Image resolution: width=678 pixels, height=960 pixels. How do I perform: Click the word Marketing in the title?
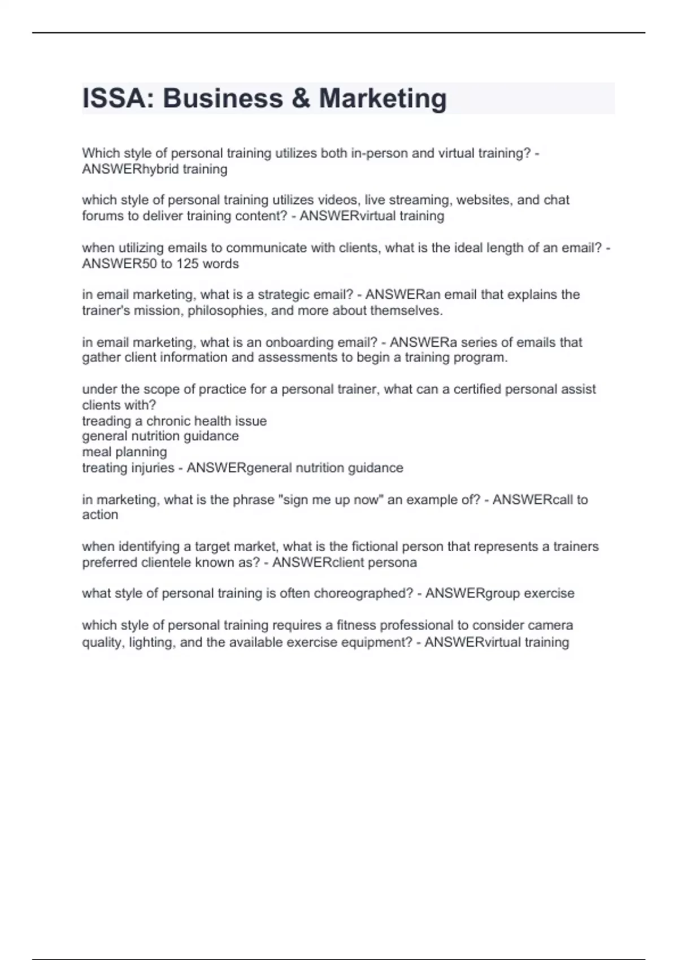[x=383, y=98]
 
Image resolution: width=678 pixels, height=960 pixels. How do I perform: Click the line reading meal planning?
[x=124, y=452]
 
